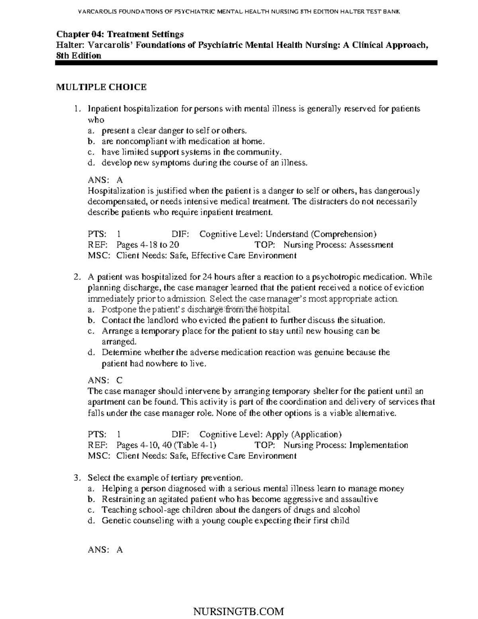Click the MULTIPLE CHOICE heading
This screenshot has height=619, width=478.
[x=101, y=87]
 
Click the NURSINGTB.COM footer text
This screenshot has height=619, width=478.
[x=238, y=611]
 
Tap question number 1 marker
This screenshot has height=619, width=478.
[x=78, y=109]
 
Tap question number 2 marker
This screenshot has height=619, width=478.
[x=78, y=277]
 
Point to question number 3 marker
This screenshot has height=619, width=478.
[x=78, y=478]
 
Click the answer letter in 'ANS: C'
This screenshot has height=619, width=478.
[x=119, y=380]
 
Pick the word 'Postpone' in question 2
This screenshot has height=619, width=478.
[x=118, y=309]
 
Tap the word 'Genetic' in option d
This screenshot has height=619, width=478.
[x=116, y=521]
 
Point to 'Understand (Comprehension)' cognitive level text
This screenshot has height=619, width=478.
[x=321, y=234]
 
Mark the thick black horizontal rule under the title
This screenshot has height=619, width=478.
[x=246, y=63]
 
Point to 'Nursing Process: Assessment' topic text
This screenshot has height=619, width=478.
[x=338, y=245]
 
